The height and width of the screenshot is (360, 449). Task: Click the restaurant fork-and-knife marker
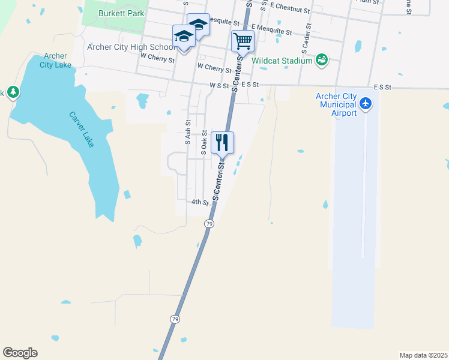[223, 143]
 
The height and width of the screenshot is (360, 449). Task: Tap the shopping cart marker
[243, 41]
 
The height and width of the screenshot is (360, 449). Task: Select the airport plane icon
[365, 104]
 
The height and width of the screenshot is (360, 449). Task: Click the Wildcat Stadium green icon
[322, 59]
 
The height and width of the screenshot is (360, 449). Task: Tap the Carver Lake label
[81, 130]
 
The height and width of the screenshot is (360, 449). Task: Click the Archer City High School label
[131, 47]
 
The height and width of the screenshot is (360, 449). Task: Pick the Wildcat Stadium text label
[282, 61]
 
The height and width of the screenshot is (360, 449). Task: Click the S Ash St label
[188, 130]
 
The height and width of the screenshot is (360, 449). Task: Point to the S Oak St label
[204, 143]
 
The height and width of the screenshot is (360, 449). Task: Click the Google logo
[20, 353]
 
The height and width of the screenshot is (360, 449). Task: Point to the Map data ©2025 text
[423, 355]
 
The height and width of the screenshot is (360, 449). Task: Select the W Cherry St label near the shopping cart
[214, 68]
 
